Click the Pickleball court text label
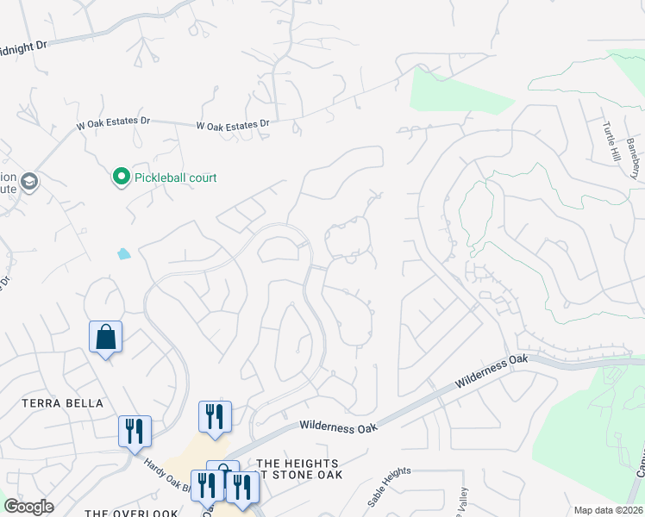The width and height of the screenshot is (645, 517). tap(175, 178)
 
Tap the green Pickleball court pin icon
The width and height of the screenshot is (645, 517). tap(121, 178)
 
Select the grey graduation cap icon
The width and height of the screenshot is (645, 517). tap(29, 181)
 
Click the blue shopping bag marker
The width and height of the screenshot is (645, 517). tap(105, 337)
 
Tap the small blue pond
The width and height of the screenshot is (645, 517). tap(125, 254)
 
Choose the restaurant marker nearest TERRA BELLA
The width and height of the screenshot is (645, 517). tap(135, 430)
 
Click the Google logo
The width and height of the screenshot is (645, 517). tap(28, 507)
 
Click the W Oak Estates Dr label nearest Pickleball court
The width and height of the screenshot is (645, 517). tap(108, 122)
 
